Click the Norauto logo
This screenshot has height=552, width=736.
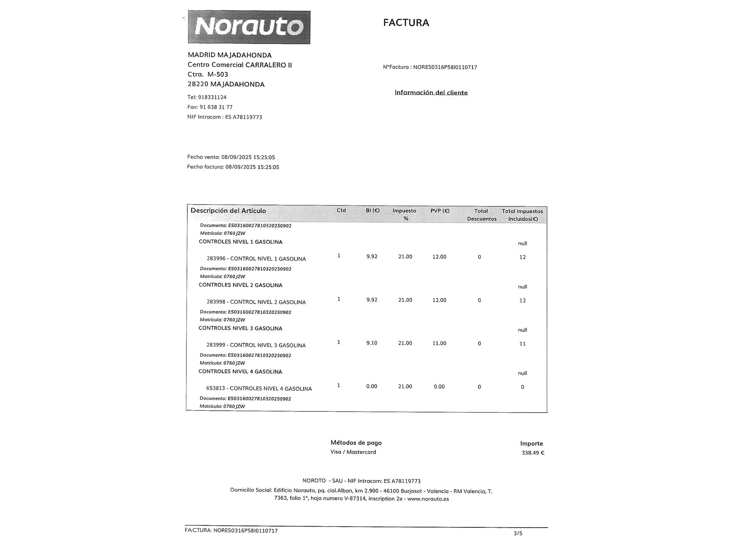(249, 27)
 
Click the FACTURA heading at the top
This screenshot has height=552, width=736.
(406, 23)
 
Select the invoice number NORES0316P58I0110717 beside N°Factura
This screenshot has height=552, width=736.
(445, 67)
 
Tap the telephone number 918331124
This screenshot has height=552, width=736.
(212, 98)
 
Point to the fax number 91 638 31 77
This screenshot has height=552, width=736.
(216, 107)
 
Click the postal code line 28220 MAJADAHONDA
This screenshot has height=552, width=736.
(226, 84)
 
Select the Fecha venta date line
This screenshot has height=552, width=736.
(231, 157)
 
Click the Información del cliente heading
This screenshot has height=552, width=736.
(431, 92)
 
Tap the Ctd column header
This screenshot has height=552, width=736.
(341, 210)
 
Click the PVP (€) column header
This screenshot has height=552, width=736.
(440, 211)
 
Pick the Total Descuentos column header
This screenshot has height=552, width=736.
(481, 215)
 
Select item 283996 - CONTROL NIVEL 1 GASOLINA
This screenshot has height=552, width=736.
(256, 259)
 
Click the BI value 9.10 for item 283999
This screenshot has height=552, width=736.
(372, 343)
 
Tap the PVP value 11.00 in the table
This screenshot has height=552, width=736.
(439, 343)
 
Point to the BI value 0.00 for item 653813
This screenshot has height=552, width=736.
(372, 386)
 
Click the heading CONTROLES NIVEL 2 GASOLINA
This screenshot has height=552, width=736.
(240, 285)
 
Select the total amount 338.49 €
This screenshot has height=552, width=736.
(532, 453)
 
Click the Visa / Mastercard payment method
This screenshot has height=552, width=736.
(353, 452)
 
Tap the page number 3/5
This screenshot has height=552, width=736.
(518, 533)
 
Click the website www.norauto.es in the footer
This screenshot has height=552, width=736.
(428, 499)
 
